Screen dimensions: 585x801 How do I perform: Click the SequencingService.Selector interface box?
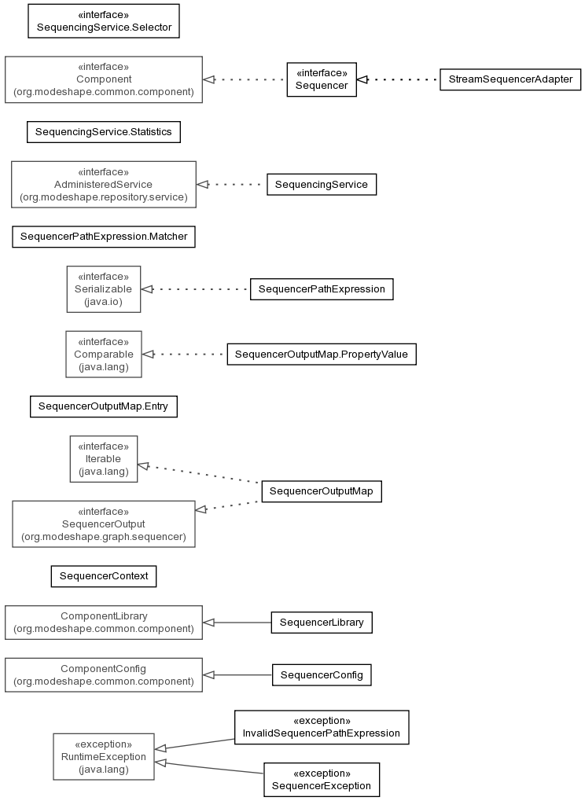(x=104, y=21)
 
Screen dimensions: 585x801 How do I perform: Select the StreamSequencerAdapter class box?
(x=510, y=79)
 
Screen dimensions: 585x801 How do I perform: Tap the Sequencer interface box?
(x=322, y=79)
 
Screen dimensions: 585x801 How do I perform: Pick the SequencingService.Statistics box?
(x=104, y=132)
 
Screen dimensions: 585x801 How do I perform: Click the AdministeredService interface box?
(x=104, y=185)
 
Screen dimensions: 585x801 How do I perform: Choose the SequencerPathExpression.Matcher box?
(x=104, y=237)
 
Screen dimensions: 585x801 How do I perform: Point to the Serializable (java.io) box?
(x=104, y=289)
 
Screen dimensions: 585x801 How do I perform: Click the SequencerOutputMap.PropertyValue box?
(x=322, y=355)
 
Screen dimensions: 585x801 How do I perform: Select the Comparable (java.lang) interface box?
(x=104, y=354)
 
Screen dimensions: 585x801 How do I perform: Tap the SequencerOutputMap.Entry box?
(x=104, y=406)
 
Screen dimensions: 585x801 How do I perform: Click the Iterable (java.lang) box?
(x=104, y=459)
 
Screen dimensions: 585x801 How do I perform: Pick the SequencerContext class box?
(x=104, y=576)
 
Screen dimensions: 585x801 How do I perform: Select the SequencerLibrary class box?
(x=322, y=623)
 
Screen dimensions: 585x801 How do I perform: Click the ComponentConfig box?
(x=104, y=674)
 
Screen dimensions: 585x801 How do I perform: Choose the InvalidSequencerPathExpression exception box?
(x=322, y=727)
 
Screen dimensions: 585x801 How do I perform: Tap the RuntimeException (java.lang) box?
(x=104, y=756)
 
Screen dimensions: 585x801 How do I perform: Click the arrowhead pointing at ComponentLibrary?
(x=208, y=623)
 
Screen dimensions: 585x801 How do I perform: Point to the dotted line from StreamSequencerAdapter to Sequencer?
(x=398, y=79)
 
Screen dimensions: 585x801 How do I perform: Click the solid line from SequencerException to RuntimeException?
(x=209, y=768)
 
